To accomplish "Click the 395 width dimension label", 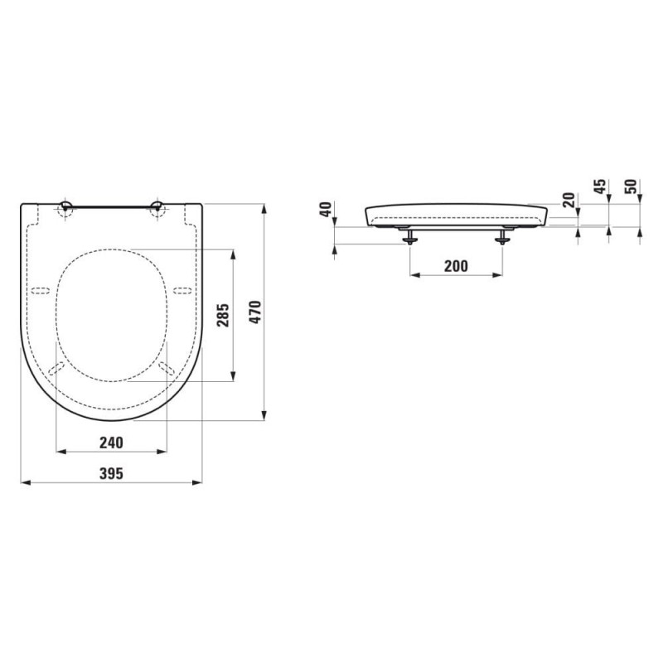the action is [x=111, y=473].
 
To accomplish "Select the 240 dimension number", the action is [x=111, y=443].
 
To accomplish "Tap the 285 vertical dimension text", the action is [x=223, y=315].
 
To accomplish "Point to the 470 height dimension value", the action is [x=255, y=312].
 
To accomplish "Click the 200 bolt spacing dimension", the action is [x=457, y=266].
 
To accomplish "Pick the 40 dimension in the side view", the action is [x=325, y=210].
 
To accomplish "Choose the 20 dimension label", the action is [x=570, y=200].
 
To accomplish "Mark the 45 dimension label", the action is [x=600, y=186].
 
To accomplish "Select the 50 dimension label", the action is [x=631, y=186].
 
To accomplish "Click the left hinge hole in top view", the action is [x=65, y=207].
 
